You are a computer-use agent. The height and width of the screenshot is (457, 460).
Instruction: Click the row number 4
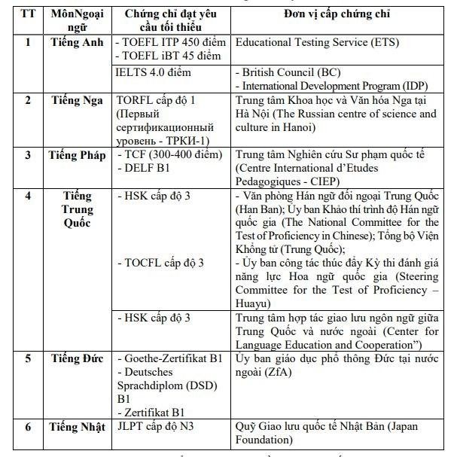(29, 197)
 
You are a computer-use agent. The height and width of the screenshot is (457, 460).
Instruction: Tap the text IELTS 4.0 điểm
(154, 72)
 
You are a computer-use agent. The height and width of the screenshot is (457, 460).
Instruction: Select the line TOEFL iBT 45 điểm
(169, 56)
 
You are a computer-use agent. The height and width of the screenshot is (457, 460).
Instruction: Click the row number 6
(29, 427)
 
